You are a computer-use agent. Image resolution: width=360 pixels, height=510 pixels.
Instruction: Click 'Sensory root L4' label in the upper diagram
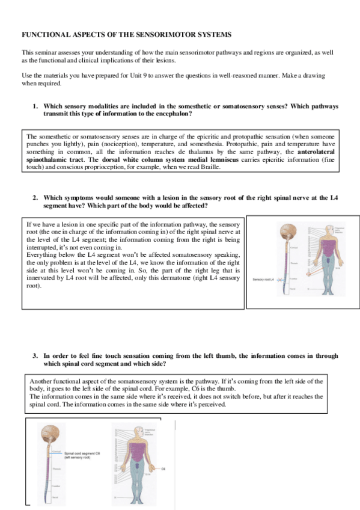(263, 280)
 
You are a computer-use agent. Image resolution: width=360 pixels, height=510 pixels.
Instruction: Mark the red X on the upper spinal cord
(284, 280)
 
